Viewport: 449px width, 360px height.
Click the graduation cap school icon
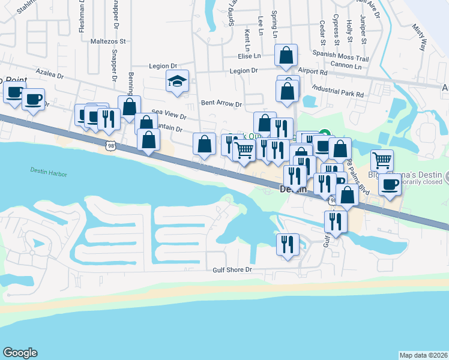[x=178, y=80]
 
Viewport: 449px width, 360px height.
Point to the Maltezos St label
[x=107, y=42]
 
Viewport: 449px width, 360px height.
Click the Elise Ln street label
[x=249, y=56]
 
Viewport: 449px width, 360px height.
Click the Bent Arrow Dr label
[x=221, y=104]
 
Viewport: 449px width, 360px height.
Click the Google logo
[x=20, y=353]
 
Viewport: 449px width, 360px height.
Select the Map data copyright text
[x=423, y=355]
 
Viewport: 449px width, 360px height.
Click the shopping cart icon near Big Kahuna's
[x=382, y=160]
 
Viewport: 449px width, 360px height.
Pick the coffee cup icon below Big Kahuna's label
[x=390, y=184]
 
